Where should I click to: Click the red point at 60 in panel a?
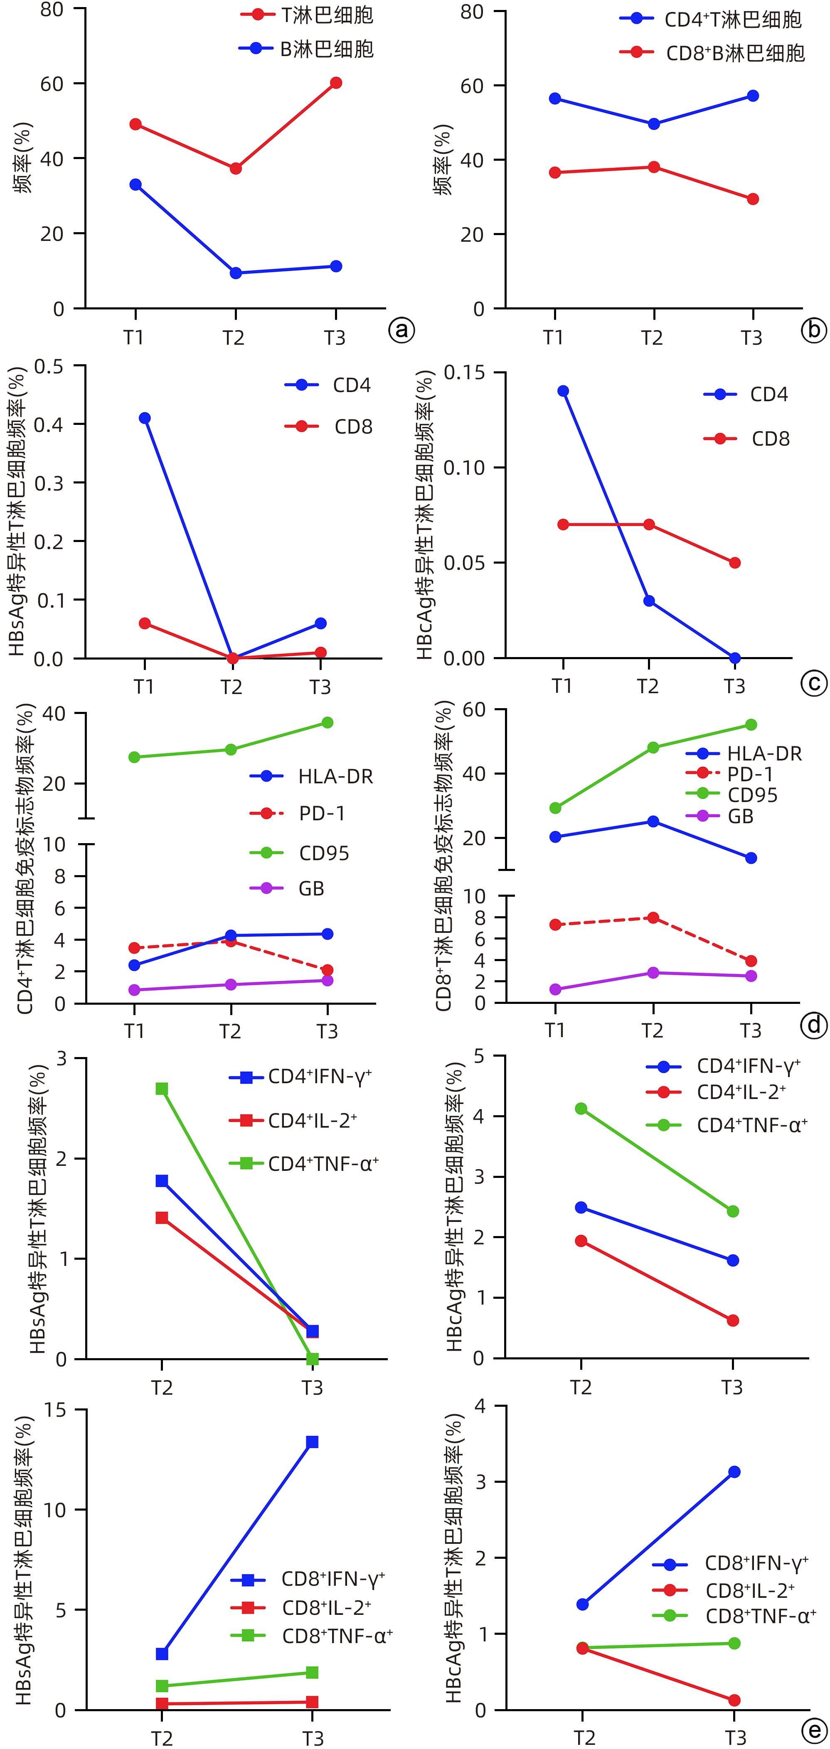pyautogui.click(x=335, y=83)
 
